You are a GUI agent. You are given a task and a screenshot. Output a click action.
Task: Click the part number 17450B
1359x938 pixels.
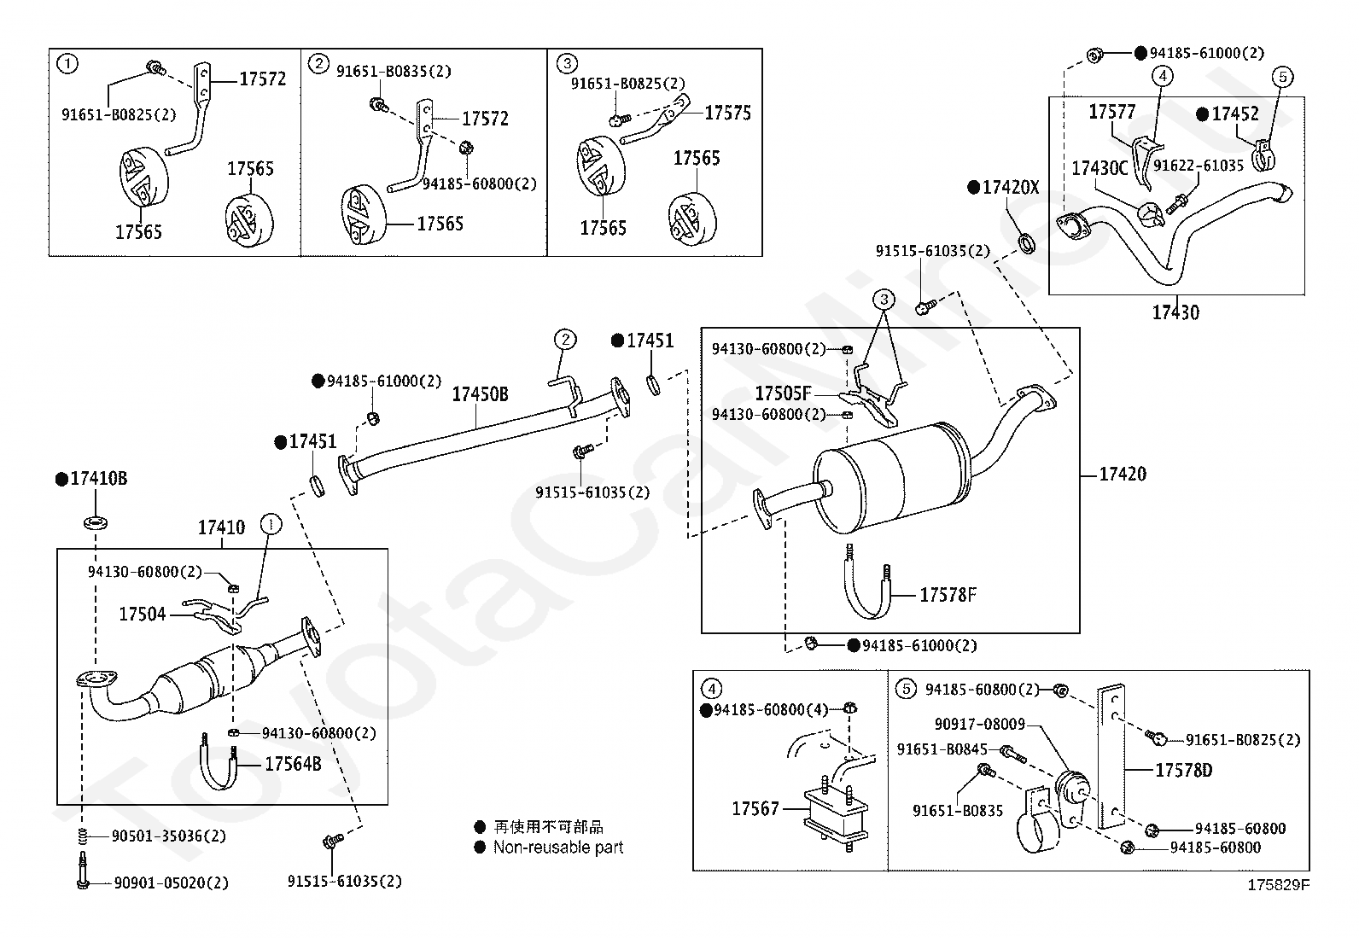480,394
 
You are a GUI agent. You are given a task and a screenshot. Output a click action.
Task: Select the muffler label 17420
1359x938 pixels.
1123,474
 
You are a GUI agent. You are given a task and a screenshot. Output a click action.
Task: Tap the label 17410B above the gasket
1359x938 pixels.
99,479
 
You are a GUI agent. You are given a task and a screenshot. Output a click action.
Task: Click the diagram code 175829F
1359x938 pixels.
1278,885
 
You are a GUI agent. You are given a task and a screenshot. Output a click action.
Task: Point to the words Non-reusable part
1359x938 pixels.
558,848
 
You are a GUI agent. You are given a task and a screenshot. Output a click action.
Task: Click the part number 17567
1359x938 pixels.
755,809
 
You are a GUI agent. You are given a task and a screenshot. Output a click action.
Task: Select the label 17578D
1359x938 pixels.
1184,771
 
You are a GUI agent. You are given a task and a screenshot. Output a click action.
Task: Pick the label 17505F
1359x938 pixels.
783,393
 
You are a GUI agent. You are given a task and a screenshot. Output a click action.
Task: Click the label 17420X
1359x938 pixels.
1011,188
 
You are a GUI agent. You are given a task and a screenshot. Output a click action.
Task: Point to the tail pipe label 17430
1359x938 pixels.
1175,313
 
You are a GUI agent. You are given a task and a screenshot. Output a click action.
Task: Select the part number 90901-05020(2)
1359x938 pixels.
171,883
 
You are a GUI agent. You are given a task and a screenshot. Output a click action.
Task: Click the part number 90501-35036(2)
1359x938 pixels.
169,836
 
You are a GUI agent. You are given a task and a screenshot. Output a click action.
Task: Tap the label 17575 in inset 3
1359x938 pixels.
727,113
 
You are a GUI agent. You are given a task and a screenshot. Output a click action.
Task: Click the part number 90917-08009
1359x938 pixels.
980,724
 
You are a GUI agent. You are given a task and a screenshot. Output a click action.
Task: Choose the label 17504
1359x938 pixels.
142,615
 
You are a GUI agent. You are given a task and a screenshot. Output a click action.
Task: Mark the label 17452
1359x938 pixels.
1235,114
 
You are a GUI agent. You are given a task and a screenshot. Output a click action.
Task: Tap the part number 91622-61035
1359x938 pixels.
1199,166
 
